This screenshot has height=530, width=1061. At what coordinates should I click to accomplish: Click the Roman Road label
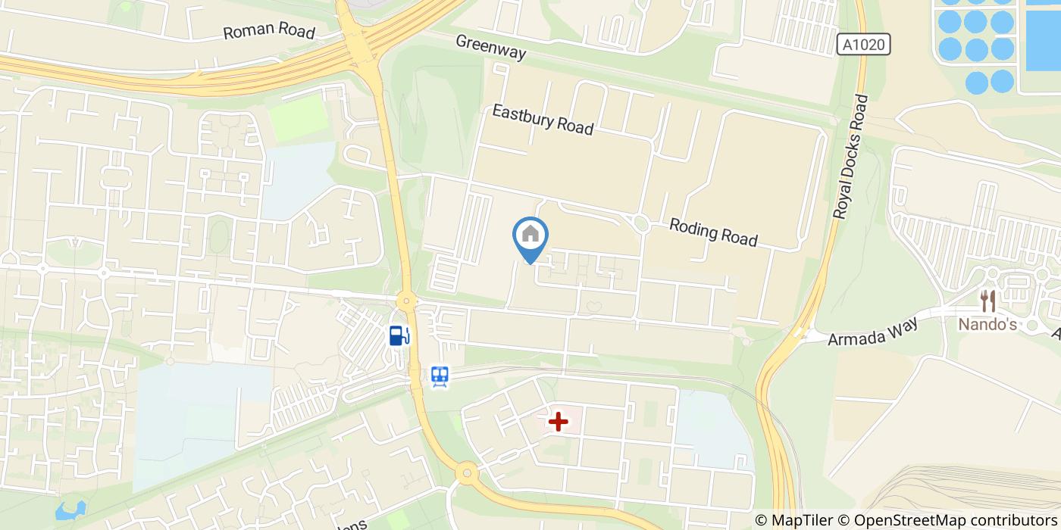tap(269, 32)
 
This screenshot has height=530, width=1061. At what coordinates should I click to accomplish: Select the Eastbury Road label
tap(543, 120)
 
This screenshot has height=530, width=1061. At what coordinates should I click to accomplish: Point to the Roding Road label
tap(713, 232)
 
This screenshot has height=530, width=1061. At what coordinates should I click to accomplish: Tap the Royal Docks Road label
tap(849, 157)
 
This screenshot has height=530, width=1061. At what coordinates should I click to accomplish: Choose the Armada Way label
tap(873, 331)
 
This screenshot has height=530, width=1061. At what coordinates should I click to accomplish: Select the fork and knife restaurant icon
tap(987, 301)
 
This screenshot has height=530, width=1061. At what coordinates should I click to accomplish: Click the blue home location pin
tap(530, 236)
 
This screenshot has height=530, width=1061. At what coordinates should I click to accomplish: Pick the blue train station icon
tap(440, 376)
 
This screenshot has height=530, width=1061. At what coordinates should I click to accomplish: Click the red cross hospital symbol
tap(559, 422)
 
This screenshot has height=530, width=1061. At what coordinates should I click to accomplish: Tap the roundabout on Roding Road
tap(641, 223)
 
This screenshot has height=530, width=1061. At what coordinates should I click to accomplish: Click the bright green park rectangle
tap(298, 120)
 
